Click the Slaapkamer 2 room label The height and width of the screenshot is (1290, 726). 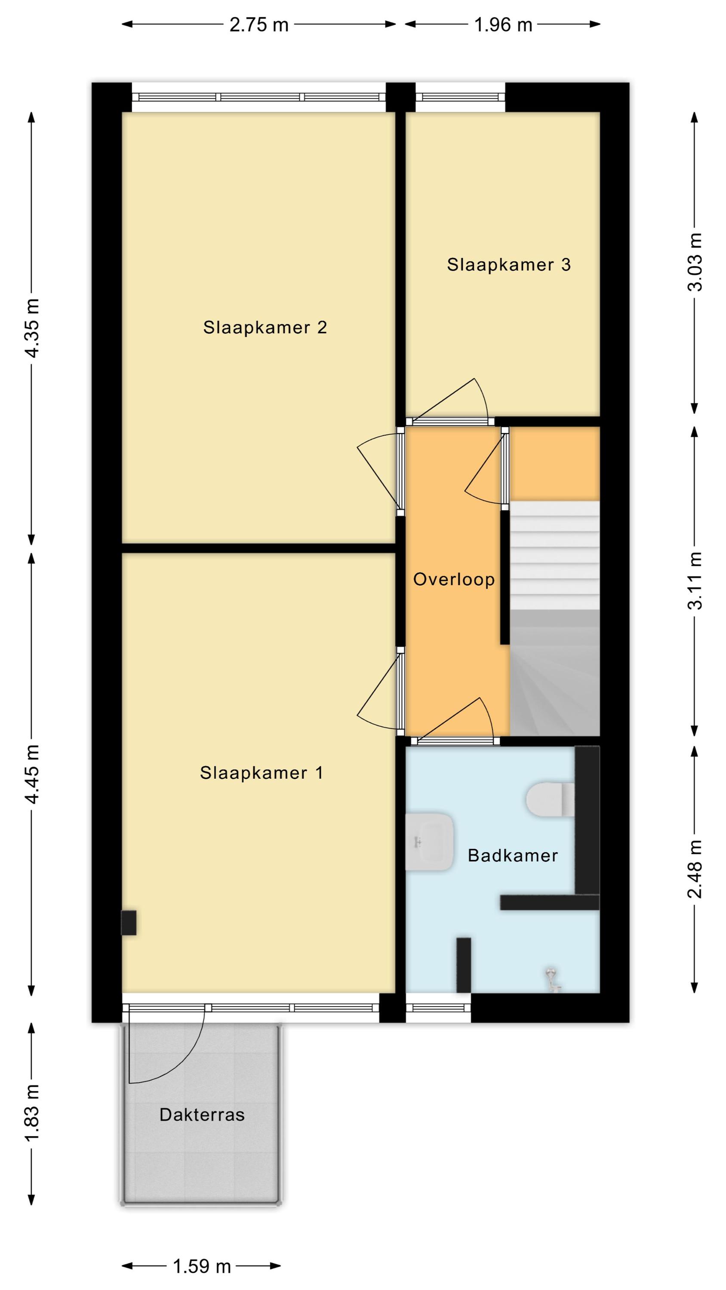point(265,328)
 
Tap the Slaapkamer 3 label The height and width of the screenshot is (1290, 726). point(508,264)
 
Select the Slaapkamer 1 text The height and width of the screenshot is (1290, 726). point(261,773)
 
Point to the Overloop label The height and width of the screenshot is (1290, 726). point(454,579)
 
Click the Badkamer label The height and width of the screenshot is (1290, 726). point(513,855)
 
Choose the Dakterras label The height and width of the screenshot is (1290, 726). point(202,1115)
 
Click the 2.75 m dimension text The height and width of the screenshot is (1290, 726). point(259,25)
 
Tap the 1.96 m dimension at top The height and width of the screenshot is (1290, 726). point(503,25)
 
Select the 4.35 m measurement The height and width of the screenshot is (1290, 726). point(32,328)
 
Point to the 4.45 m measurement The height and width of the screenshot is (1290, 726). point(32,774)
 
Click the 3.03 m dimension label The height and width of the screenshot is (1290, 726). point(695,262)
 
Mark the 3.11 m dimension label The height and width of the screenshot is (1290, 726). point(695,581)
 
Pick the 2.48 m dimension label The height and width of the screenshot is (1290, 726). point(695,869)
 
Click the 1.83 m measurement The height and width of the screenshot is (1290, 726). point(32,1114)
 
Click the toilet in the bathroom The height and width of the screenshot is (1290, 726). point(550,799)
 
